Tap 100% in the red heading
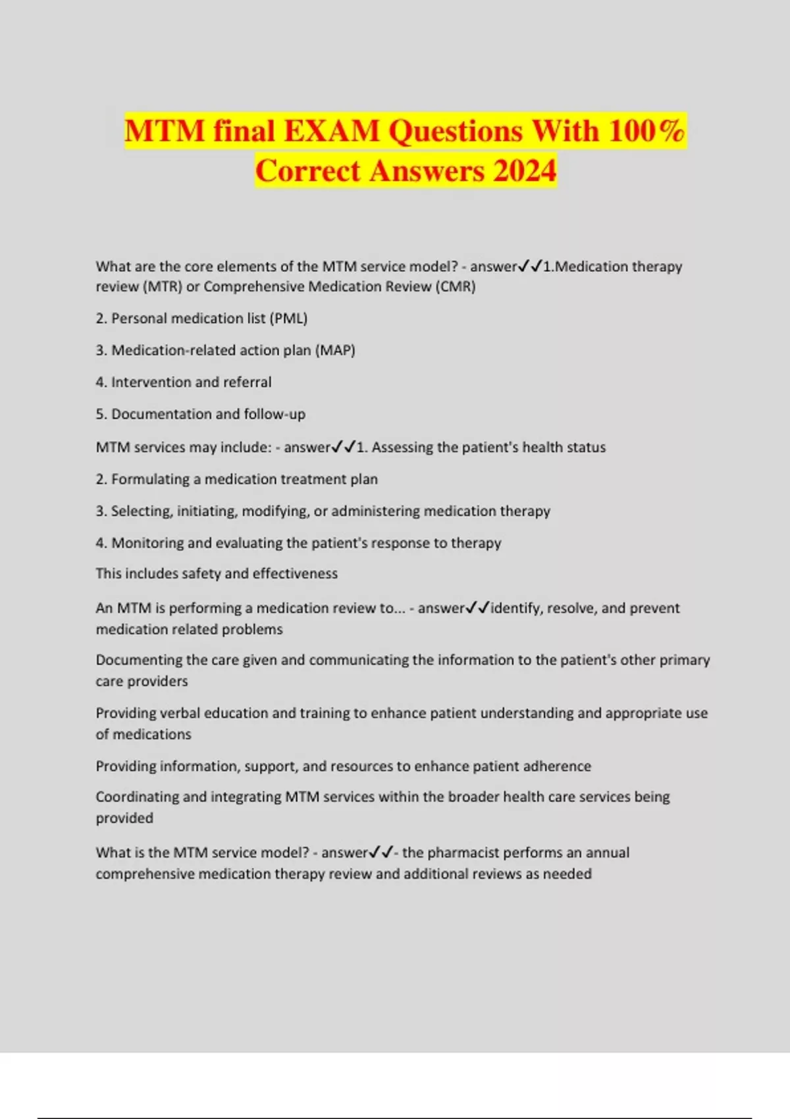646,131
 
